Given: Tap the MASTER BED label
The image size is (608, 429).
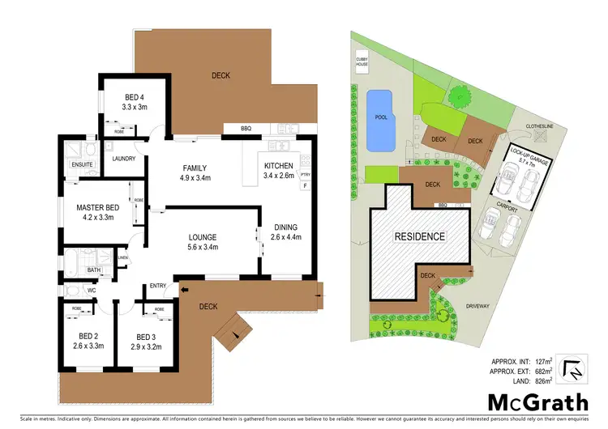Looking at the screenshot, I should pos(97,212).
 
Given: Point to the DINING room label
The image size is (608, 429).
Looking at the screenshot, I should pos(285,231).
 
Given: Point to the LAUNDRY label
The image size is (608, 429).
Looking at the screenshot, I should pos(124,159).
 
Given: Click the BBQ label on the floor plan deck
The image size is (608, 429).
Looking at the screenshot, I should pos(246,129).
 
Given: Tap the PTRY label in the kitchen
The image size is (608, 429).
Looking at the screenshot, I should pos(305,174).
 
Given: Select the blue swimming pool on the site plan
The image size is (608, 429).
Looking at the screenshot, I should pos(379,120).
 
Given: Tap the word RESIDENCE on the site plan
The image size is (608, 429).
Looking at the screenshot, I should pos(419,236).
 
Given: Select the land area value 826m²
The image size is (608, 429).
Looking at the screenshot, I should pos(542,380).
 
